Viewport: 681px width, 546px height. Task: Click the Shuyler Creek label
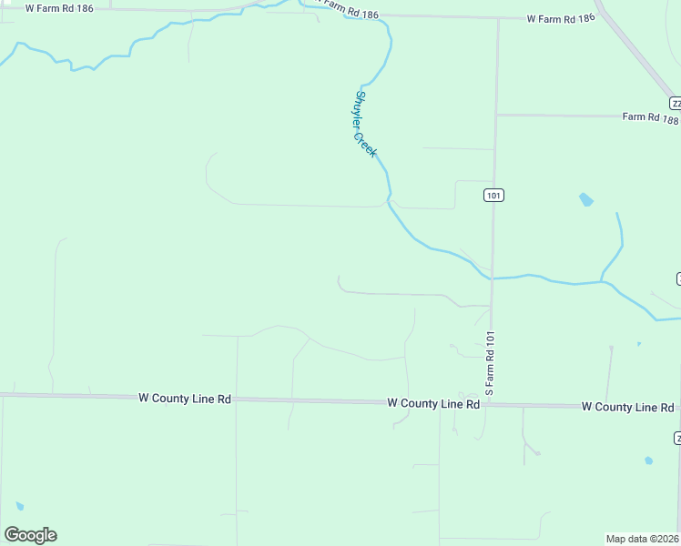[x=365, y=124]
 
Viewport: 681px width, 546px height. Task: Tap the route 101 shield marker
[x=493, y=196]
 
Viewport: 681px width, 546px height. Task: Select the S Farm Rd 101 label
[x=490, y=362]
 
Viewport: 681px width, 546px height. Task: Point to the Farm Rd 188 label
[x=650, y=117]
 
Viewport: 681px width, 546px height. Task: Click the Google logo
[x=30, y=535]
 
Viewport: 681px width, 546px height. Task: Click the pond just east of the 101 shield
[x=585, y=199]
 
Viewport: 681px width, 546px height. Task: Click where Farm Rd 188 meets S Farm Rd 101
[x=497, y=116]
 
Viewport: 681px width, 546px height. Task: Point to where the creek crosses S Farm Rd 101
[x=492, y=278]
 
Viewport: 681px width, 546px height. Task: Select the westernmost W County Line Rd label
[x=185, y=399]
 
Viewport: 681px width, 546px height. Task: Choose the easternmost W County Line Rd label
[x=627, y=406]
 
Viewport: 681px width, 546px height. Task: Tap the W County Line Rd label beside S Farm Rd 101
[x=433, y=402]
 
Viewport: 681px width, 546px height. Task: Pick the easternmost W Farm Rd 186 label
[x=561, y=18]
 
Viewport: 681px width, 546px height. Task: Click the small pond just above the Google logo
[x=19, y=506]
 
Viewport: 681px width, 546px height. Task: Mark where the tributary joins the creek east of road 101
[x=601, y=281]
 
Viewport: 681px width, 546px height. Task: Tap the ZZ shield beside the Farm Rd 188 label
[x=675, y=102]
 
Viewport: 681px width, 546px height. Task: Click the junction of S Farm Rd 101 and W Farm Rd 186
[x=499, y=18]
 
